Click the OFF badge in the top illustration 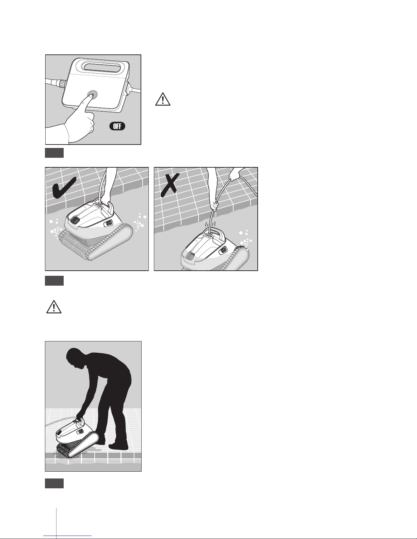117,126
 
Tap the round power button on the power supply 93,94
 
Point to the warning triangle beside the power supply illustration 163,99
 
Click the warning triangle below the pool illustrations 54,307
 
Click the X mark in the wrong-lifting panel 170,185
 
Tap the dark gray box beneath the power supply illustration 54,153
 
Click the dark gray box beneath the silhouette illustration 54,484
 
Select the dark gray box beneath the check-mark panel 54,281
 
